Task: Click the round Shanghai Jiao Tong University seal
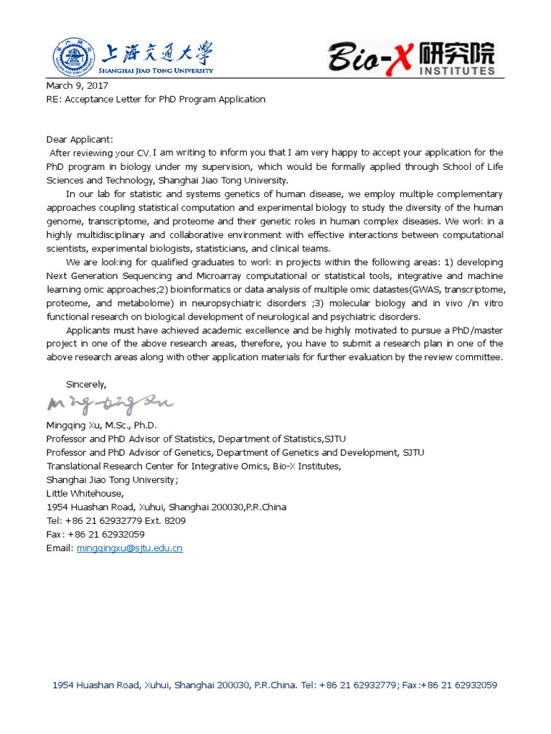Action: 72,57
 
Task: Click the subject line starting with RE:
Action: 156,99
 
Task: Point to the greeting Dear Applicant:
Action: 80,139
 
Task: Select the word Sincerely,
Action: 86,384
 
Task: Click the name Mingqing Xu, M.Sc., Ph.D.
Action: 101,425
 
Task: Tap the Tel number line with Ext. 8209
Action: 116,521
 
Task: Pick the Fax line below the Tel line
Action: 95,535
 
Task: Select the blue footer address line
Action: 275,685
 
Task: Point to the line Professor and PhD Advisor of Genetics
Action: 235,452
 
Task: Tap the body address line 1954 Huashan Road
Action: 166,507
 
